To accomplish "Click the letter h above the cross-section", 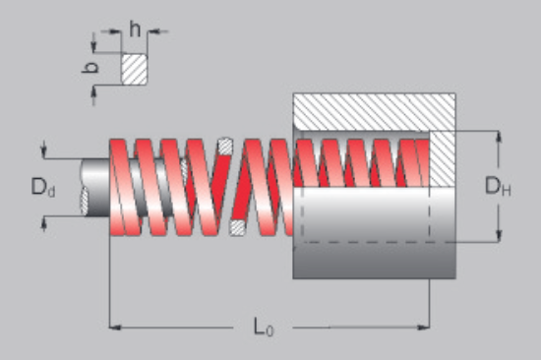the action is tap(135, 29).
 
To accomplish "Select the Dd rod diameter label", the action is tap(43, 187).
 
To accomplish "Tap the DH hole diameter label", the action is tap(498, 186).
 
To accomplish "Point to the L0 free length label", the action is tap(264, 328).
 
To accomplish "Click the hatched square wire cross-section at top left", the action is tap(134, 69).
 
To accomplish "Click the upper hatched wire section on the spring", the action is tap(225, 147).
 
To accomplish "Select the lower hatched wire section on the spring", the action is tap(237, 228).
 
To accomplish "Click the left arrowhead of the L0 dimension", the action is tap(115, 328).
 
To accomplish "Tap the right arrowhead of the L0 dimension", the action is tap(424, 328).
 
